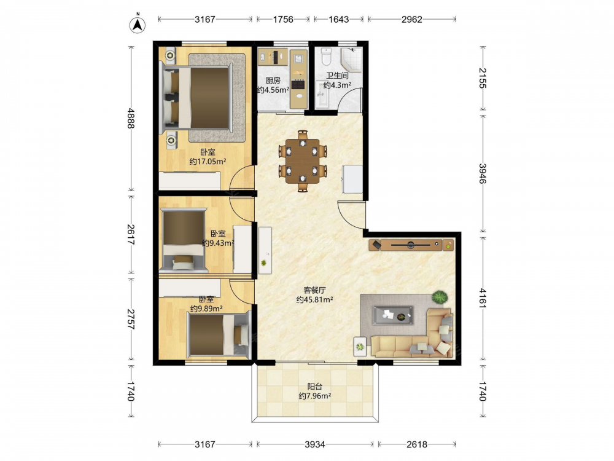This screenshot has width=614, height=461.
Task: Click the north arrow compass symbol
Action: pyautogui.click(x=138, y=25)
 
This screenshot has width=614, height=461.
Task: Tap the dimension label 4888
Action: pyautogui.click(x=131, y=118)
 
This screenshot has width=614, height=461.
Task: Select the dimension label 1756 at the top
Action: pyautogui.click(x=283, y=19)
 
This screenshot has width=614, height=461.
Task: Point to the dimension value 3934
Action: pyautogui.click(x=315, y=444)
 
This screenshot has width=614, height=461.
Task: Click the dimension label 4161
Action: pyautogui.click(x=483, y=298)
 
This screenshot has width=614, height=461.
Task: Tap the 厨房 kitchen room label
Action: pyautogui.click(x=273, y=81)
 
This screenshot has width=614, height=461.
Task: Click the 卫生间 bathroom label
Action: pyautogui.click(x=337, y=76)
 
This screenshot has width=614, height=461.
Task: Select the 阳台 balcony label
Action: pyautogui.click(x=315, y=387)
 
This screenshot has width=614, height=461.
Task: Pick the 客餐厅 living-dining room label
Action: pyautogui.click(x=314, y=291)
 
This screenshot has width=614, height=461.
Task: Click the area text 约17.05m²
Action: pyautogui.click(x=208, y=161)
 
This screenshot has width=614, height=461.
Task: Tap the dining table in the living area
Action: pyautogui.click(x=302, y=161)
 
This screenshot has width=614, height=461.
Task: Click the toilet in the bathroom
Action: pyautogui.click(x=326, y=57)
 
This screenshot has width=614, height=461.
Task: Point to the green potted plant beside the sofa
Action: pyautogui.click(x=440, y=297)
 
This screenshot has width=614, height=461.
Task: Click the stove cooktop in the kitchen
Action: pyautogui.click(x=298, y=84)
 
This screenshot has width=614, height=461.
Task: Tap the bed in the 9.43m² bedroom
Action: pyautogui.click(x=184, y=240)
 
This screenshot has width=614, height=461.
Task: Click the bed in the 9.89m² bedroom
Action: pyautogui.click(x=219, y=336)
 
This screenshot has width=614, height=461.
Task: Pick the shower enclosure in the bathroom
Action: pyautogui.click(x=351, y=61)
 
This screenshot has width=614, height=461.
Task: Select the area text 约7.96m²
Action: pyautogui.click(x=315, y=396)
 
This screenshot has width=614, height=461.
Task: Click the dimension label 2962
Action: pyautogui.click(x=412, y=19)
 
